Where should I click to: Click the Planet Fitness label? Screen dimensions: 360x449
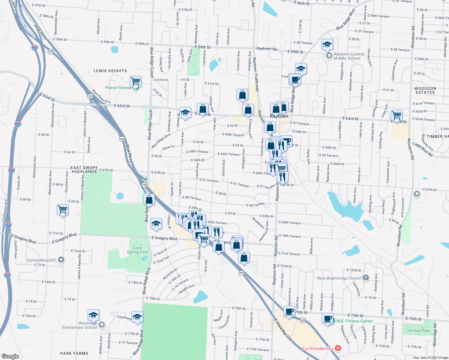(118, 88)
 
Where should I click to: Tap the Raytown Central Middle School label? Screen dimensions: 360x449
(349, 56)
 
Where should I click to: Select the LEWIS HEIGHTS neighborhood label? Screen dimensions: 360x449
(110, 71)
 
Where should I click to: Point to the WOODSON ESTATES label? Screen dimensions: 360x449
(425, 91)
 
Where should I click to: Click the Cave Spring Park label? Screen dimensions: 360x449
(137, 250)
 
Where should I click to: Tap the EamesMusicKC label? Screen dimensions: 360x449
(42, 260)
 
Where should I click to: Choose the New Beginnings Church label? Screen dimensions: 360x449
(339, 278)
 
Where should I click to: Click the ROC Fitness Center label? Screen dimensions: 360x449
(354, 321)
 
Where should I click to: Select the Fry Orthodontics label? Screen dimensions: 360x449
(318, 349)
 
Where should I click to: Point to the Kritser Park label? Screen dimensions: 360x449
(419, 331)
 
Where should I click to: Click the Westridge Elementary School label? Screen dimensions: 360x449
(80, 325)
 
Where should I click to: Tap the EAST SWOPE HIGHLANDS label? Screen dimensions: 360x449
(84, 170)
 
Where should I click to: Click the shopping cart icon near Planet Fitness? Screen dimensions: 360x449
(136, 81)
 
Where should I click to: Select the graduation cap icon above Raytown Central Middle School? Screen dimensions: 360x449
(327, 45)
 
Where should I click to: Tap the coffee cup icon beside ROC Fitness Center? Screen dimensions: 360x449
(328, 318)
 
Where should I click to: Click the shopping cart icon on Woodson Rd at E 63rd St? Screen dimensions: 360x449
(396, 115)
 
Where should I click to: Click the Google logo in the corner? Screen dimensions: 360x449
(10, 356)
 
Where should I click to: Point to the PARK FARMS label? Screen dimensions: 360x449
(74, 353)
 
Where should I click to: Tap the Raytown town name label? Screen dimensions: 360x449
(279, 116)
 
